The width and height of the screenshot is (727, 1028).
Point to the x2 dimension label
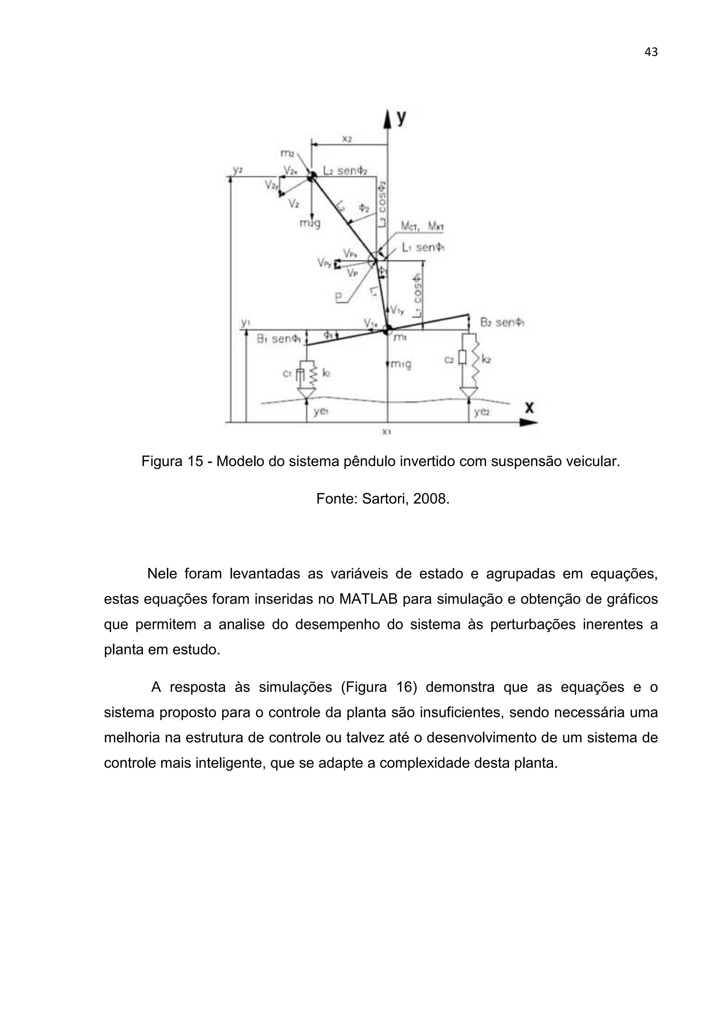pos(347,139)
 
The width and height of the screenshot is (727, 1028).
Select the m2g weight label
pos(310,223)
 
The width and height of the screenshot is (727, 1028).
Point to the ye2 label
pos(482,412)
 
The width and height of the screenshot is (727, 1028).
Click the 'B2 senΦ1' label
pos(502,322)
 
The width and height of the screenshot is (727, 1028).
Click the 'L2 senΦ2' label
pos(345,171)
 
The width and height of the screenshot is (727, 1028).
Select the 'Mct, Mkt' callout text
pos(422,227)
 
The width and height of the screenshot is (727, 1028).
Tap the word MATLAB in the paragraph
pos(369,599)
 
